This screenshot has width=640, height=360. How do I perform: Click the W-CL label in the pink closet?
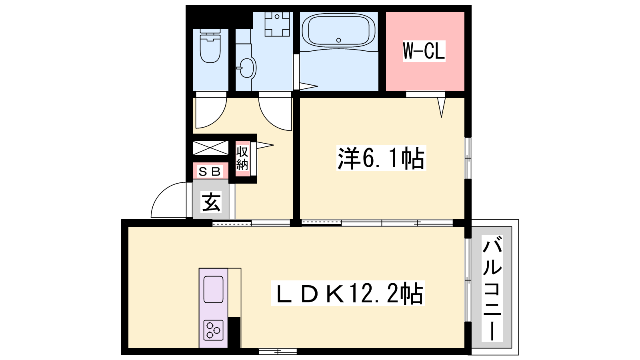[x=424, y=51]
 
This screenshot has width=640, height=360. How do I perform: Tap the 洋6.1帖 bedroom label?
[x=382, y=158]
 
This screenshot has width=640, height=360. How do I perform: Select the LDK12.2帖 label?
[x=348, y=293]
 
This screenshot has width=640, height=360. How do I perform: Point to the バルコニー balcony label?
[x=492, y=288]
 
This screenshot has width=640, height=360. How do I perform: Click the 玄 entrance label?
[x=211, y=202]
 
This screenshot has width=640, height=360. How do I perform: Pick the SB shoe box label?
[x=210, y=172]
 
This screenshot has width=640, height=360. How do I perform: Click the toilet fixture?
[x=210, y=46]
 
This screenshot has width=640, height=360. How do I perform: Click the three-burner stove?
[x=214, y=330]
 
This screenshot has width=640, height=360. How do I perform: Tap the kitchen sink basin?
[x=213, y=290]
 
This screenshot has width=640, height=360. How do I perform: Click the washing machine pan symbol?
[x=277, y=24]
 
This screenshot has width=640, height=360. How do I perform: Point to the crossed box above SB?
[x=210, y=148]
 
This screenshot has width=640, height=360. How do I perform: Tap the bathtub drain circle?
[x=338, y=40]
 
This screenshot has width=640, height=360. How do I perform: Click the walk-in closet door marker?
[x=442, y=107]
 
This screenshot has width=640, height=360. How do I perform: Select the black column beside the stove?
[x=234, y=332]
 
